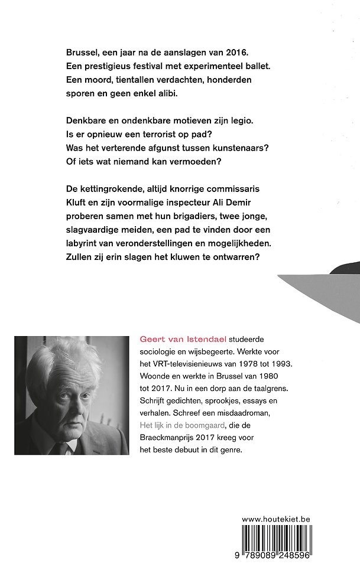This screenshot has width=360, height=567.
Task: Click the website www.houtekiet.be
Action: pos(276,520)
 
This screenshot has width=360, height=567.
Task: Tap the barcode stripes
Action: pos(276,539)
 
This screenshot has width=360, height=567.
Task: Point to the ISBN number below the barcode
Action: pos(276,557)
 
